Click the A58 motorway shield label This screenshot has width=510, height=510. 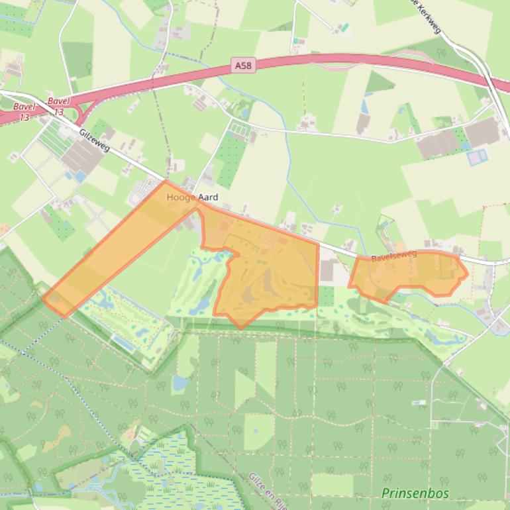pyautogui.click(x=243, y=66)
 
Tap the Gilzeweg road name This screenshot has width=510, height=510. pyautogui.click(x=94, y=139)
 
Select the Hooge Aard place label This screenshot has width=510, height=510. pyautogui.click(x=192, y=197)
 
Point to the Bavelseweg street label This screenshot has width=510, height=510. pyautogui.click(x=393, y=256)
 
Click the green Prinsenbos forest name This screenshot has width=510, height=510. pyautogui.click(x=415, y=493)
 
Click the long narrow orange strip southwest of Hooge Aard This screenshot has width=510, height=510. pyautogui.click(x=113, y=252)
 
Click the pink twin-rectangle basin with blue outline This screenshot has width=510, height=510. pyautogui.click(x=477, y=158)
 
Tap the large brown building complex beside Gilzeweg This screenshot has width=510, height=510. pyautogui.click(x=83, y=156)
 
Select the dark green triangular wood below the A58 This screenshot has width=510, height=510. pyautogui.click(x=378, y=83)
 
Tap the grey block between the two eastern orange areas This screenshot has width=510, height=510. pyautogui.click(x=329, y=270)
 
